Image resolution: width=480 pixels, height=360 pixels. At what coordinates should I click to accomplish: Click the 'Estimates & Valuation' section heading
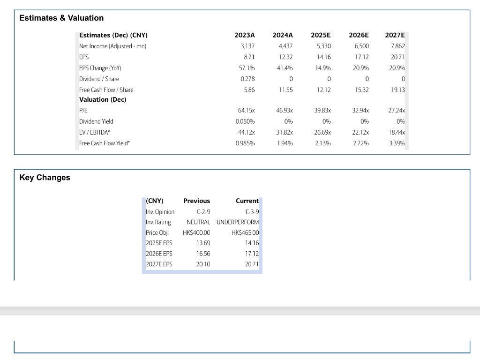point(61,18)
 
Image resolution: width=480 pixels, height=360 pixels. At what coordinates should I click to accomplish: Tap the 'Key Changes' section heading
point(45,178)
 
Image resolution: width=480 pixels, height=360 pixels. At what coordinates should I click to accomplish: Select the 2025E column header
point(321,35)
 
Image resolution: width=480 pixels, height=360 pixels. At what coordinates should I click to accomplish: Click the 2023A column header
point(245,35)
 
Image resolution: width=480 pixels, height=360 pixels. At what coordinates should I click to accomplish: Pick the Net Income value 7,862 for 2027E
point(397,46)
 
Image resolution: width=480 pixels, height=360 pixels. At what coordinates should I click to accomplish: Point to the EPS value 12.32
point(285,57)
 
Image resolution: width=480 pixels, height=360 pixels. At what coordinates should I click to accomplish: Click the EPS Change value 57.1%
point(247,68)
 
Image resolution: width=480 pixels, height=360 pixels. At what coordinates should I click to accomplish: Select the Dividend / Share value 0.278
point(247,79)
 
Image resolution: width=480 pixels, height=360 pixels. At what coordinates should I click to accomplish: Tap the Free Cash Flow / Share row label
point(106,90)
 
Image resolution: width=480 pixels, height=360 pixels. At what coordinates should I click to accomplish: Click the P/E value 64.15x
point(247,111)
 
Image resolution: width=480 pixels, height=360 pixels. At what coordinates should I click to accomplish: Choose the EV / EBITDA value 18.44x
point(397,133)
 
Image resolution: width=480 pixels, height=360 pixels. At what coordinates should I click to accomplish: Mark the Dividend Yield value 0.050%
point(245,121)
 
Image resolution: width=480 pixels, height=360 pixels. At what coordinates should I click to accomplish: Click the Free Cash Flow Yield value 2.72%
point(361,143)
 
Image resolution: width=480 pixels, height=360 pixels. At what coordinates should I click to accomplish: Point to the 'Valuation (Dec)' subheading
point(103,99)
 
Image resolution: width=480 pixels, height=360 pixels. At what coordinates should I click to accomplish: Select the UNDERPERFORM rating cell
point(238,222)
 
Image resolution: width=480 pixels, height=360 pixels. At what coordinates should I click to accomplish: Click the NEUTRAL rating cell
point(198,222)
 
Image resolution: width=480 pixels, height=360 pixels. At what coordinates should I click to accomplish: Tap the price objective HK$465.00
point(245,232)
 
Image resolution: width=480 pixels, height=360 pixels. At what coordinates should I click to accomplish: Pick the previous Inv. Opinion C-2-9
point(203,212)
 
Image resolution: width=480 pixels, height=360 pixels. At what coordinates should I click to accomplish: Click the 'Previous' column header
point(196,201)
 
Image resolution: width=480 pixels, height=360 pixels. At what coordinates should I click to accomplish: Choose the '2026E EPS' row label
point(159,254)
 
